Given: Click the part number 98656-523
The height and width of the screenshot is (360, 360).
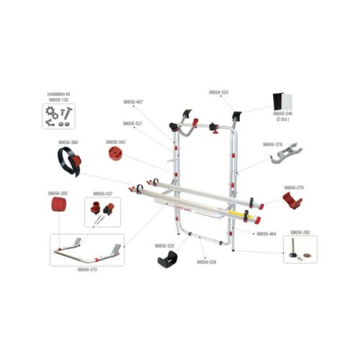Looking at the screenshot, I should pyautogui.click(x=219, y=92).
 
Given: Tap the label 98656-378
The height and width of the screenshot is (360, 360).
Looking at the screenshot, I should pyautogui.click(x=274, y=144).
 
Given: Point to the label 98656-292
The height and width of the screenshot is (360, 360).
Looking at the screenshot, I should pyautogui.click(x=300, y=233).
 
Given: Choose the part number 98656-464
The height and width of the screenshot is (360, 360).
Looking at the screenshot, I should pyautogui.click(x=266, y=233).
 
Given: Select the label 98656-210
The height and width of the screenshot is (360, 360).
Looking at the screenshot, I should pyautogui.click(x=87, y=269).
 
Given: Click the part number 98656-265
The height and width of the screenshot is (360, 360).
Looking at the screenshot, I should pyautogui.click(x=59, y=193).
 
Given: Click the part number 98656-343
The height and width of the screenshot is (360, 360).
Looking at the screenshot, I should pyautogui.click(x=116, y=143).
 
